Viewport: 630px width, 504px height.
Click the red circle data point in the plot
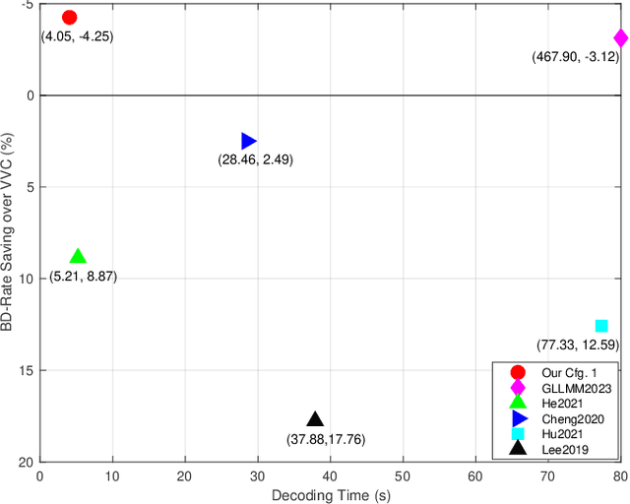[x=69, y=17]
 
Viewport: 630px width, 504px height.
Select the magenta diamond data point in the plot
[x=620, y=38]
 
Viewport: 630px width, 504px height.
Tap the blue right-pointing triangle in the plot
[x=248, y=142]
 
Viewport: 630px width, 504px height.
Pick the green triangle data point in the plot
[x=78, y=257]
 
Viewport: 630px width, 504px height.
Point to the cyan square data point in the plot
[x=601, y=326]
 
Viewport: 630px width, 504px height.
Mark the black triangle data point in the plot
[x=315, y=420]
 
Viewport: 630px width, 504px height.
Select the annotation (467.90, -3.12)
[x=575, y=57]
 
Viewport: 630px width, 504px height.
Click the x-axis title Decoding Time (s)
[x=330, y=495]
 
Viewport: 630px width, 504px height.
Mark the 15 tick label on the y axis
[x=26, y=370]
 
